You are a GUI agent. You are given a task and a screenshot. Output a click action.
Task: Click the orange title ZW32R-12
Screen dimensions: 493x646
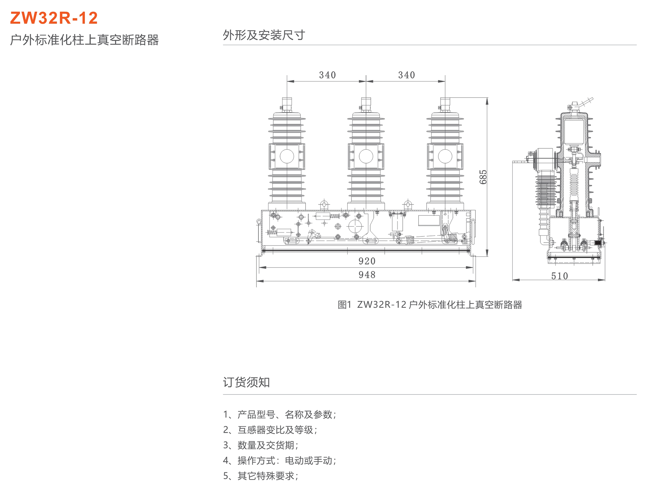coord(54,18)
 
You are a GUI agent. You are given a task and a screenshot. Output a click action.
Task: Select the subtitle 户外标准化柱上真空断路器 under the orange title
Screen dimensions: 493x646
coord(84,40)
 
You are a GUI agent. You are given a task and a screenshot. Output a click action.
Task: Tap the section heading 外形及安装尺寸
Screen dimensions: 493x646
coord(264,35)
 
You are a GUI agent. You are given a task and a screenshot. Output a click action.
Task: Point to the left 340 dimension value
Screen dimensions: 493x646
coord(328,75)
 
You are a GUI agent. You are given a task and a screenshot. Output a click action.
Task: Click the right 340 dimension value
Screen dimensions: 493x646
coord(406,75)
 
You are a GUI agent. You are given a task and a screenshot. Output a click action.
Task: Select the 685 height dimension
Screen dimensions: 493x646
coord(483,177)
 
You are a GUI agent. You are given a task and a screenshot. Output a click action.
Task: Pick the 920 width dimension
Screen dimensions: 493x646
coord(367,261)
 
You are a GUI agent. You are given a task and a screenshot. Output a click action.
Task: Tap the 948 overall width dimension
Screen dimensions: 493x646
coord(367,275)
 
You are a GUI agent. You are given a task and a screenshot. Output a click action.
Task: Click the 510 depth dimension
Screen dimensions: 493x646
coord(559,276)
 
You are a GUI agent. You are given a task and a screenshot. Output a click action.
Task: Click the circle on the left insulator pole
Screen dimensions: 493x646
coord(287,156)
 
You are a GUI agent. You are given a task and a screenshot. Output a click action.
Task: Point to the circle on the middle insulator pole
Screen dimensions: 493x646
coord(366,156)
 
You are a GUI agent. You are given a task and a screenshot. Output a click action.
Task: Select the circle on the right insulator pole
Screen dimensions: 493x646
coord(445,156)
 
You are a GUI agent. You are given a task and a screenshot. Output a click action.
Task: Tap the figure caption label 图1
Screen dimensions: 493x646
coord(344,305)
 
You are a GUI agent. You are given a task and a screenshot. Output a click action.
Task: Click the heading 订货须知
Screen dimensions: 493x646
coord(246,382)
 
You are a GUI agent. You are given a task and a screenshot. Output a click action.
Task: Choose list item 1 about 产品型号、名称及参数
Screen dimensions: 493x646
coord(280,414)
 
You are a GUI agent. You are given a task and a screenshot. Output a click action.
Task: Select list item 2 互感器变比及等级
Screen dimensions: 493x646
coord(270,430)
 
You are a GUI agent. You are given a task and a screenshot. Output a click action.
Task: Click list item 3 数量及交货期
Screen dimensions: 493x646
coord(261,445)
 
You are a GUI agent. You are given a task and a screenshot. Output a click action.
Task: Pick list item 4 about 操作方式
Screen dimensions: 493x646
coord(280,461)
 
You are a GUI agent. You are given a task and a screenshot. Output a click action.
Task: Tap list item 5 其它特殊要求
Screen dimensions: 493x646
coord(261,476)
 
